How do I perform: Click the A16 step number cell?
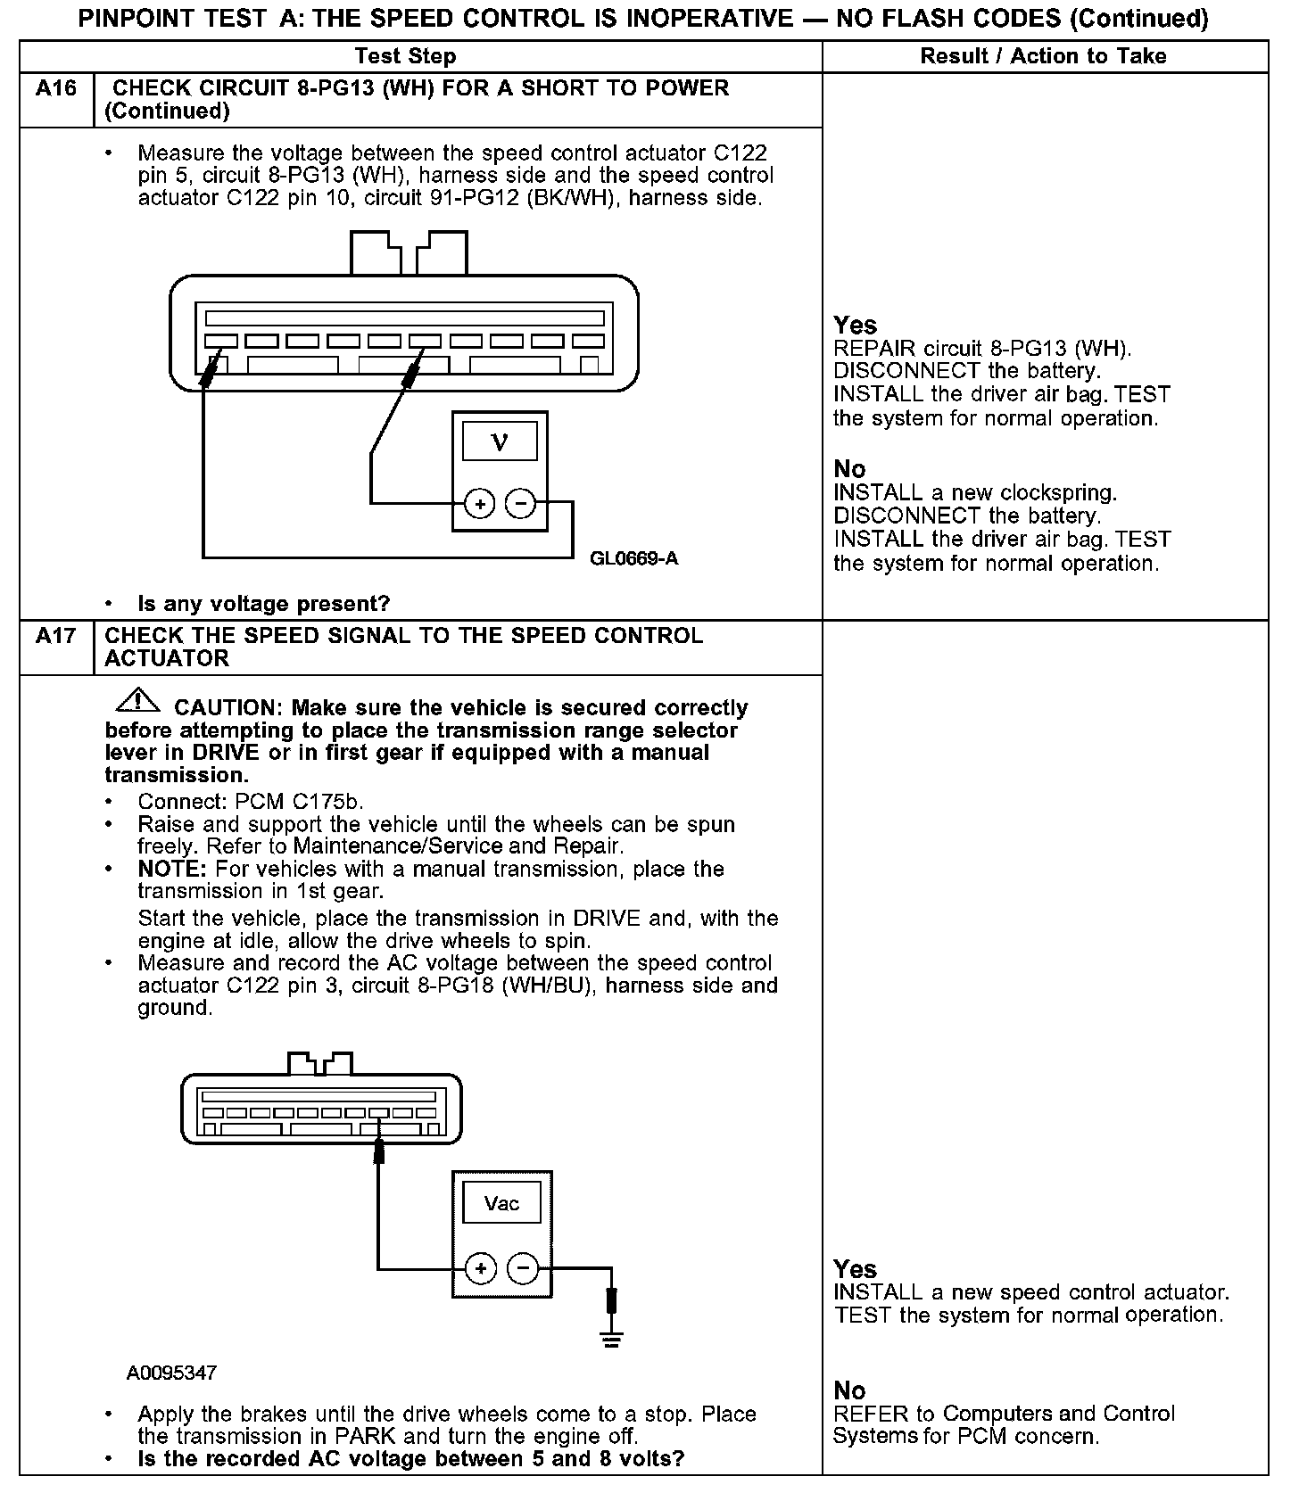[55, 89]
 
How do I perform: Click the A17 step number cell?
[55, 637]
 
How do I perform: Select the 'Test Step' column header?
[405, 56]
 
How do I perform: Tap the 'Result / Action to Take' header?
[1043, 56]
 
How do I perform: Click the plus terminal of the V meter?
[479, 504]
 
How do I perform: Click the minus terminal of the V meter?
[521, 504]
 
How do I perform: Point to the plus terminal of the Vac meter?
[480, 1267]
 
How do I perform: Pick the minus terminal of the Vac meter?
[523, 1267]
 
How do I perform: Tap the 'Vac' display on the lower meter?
[501, 1203]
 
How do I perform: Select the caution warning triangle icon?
[137, 701]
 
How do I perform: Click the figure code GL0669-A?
[633, 559]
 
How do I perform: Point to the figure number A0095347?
[171, 1373]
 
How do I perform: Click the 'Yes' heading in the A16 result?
[855, 325]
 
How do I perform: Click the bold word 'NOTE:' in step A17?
[172, 869]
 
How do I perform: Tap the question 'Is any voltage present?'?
[264, 604]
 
